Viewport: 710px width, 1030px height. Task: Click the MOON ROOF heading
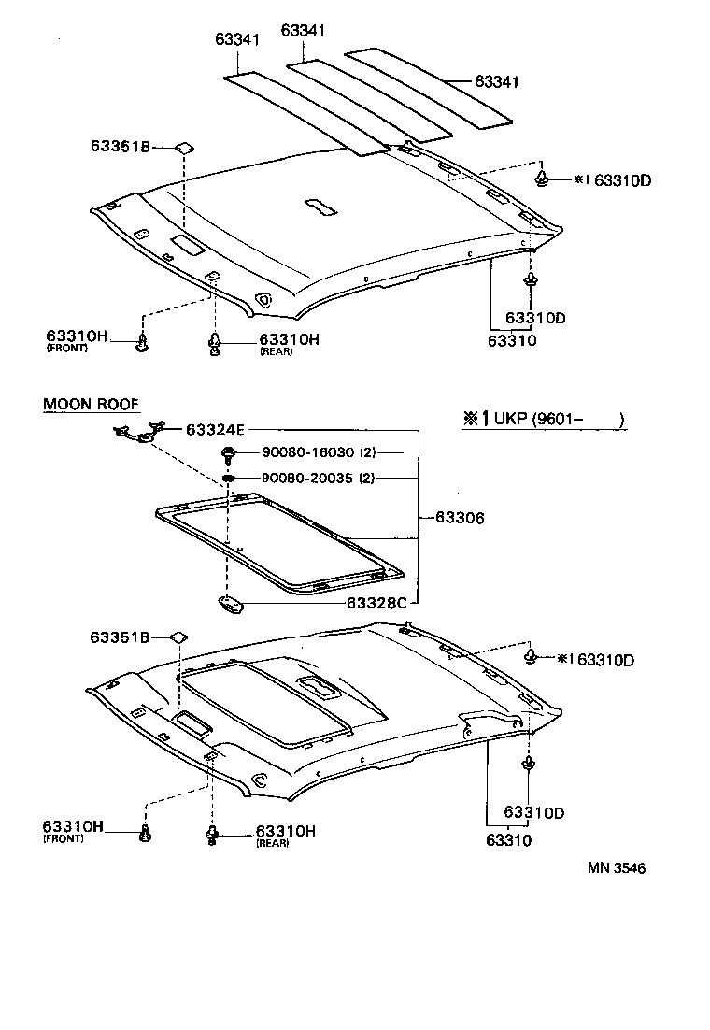(92, 404)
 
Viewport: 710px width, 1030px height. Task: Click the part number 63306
(459, 516)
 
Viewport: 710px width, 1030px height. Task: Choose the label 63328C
(376, 603)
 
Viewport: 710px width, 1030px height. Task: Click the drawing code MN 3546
(617, 867)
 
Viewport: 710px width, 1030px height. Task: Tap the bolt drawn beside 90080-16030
(228, 454)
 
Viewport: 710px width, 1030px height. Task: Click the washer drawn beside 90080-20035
(228, 479)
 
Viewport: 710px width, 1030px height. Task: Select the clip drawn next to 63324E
(138, 431)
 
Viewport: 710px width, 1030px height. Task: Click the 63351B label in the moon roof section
(121, 637)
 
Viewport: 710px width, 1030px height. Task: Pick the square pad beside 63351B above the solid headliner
(185, 147)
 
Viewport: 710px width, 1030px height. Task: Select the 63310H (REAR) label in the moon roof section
(286, 832)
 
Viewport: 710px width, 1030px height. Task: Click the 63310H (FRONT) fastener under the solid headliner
(142, 344)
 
